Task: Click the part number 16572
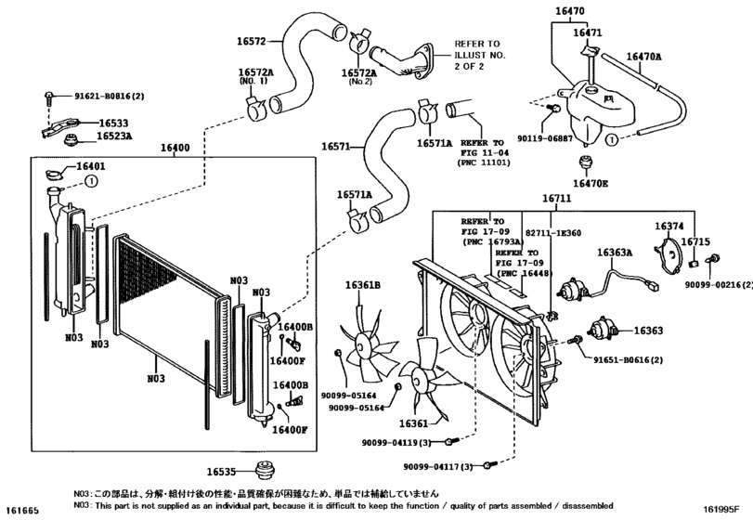252,41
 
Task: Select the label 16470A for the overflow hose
643,57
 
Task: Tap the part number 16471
587,32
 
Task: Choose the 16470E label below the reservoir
591,184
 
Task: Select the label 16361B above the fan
364,285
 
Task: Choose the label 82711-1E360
553,233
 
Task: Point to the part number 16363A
615,253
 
